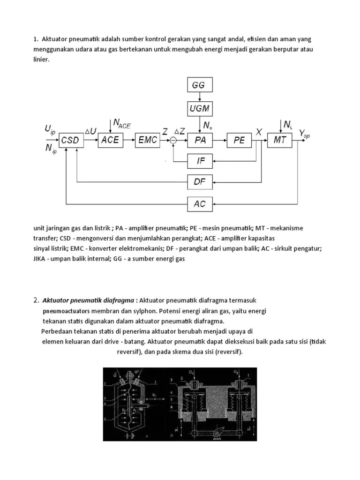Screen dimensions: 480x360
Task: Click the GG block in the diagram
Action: click(200, 86)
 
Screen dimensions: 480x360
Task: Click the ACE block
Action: click(111, 140)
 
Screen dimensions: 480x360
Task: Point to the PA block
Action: click(200, 140)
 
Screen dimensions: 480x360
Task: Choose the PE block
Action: click(239, 140)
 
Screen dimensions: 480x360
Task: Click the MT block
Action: click(280, 140)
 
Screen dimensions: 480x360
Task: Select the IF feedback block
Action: click(200, 162)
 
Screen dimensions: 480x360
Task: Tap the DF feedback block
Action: click(200, 181)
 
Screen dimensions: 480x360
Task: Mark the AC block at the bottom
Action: click(200, 204)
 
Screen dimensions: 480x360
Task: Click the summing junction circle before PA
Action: click(173, 140)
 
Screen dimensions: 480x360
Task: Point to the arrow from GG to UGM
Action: click(200, 97)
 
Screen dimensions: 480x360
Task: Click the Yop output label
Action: click(304, 135)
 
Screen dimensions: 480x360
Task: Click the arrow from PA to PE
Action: click(220, 140)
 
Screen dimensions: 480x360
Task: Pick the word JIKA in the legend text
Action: click(41, 259)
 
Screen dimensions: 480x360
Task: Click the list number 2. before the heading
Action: click(36, 300)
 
